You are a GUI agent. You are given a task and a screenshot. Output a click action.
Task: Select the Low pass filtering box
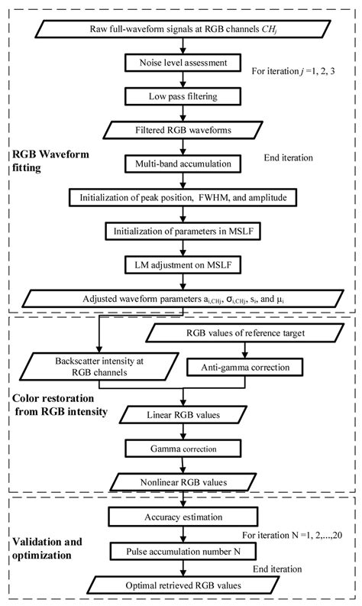click(181, 96)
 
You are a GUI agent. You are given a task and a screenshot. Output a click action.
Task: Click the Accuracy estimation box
click(181, 520)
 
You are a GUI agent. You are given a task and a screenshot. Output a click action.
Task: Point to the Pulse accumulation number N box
click(181, 551)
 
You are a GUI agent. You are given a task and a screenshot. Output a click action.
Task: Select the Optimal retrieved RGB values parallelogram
click(181, 585)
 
